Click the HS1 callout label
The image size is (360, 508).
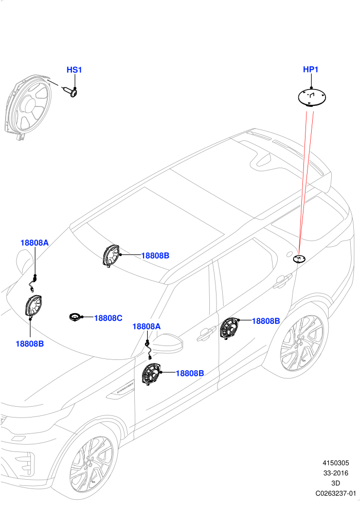74,69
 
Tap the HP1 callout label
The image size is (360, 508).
311,69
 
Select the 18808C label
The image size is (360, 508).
108,318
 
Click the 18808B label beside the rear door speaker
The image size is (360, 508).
266,321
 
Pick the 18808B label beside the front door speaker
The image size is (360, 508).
190,373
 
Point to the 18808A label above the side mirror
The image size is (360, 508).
147,326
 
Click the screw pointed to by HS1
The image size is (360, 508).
70,92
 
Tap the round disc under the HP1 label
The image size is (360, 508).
312,98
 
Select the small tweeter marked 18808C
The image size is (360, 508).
76,317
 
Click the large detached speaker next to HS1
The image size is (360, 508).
28,106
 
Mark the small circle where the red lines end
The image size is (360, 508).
299,259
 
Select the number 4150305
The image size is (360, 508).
336,463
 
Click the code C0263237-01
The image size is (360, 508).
336,494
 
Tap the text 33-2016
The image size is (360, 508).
336,473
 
